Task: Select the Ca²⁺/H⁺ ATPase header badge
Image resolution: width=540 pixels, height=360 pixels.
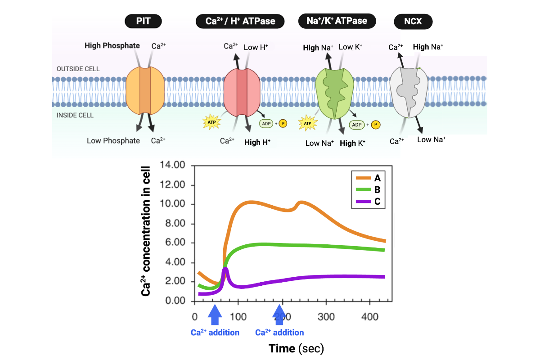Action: coord(241,21)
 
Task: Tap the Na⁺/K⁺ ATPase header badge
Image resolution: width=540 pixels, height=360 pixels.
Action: coord(337,21)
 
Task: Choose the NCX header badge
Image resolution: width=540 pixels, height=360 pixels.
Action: coord(413,21)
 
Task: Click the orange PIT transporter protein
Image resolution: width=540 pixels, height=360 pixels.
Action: coord(145,90)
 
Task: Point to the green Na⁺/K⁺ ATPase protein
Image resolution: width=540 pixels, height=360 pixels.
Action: coord(335,92)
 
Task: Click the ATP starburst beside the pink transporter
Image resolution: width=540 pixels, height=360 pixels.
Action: coord(211,121)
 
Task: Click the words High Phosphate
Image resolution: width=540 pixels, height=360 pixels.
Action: coord(112,45)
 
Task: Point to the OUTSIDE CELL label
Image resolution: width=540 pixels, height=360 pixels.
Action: coord(78,69)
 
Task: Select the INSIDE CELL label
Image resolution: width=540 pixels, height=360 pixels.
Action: coord(75,115)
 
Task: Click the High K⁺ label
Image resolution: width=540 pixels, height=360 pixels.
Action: coord(352,144)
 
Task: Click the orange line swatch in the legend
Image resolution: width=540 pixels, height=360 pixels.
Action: coord(362,178)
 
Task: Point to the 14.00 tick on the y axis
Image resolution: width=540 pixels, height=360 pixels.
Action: coord(173,165)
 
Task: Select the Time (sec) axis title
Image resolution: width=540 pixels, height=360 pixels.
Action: coord(296,348)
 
